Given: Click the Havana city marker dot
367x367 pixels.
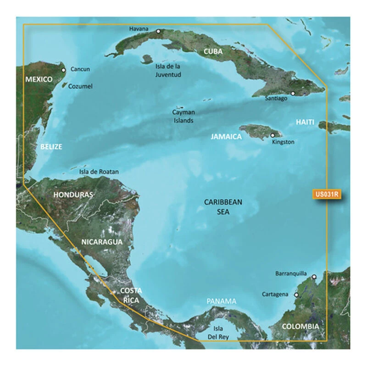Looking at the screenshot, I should click(158, 32).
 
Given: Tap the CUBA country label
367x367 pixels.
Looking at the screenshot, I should click(213, 52).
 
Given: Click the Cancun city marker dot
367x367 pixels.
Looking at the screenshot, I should click(64, 70).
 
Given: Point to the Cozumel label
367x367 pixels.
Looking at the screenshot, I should click(80, 86).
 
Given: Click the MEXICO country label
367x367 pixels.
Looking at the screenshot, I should click(39, 79).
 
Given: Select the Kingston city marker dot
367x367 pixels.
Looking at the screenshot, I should click(273, 135).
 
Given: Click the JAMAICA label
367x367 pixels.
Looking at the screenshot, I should click(226, 137).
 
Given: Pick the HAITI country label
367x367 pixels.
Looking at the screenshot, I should click(305, 122).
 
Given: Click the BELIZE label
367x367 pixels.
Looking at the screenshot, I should click(50, 147).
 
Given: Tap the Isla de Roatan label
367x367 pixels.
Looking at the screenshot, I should click(99, 172).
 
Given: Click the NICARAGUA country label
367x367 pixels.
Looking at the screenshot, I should click(102, 241).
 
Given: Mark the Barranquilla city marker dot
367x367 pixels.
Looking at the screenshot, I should click(314, 277).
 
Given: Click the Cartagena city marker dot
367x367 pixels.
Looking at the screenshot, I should click(296, 295).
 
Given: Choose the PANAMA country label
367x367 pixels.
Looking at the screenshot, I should click(221, 301).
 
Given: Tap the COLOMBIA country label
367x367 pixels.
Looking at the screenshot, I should click(300, 326).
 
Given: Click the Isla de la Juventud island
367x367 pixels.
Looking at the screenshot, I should click(147, 59).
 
